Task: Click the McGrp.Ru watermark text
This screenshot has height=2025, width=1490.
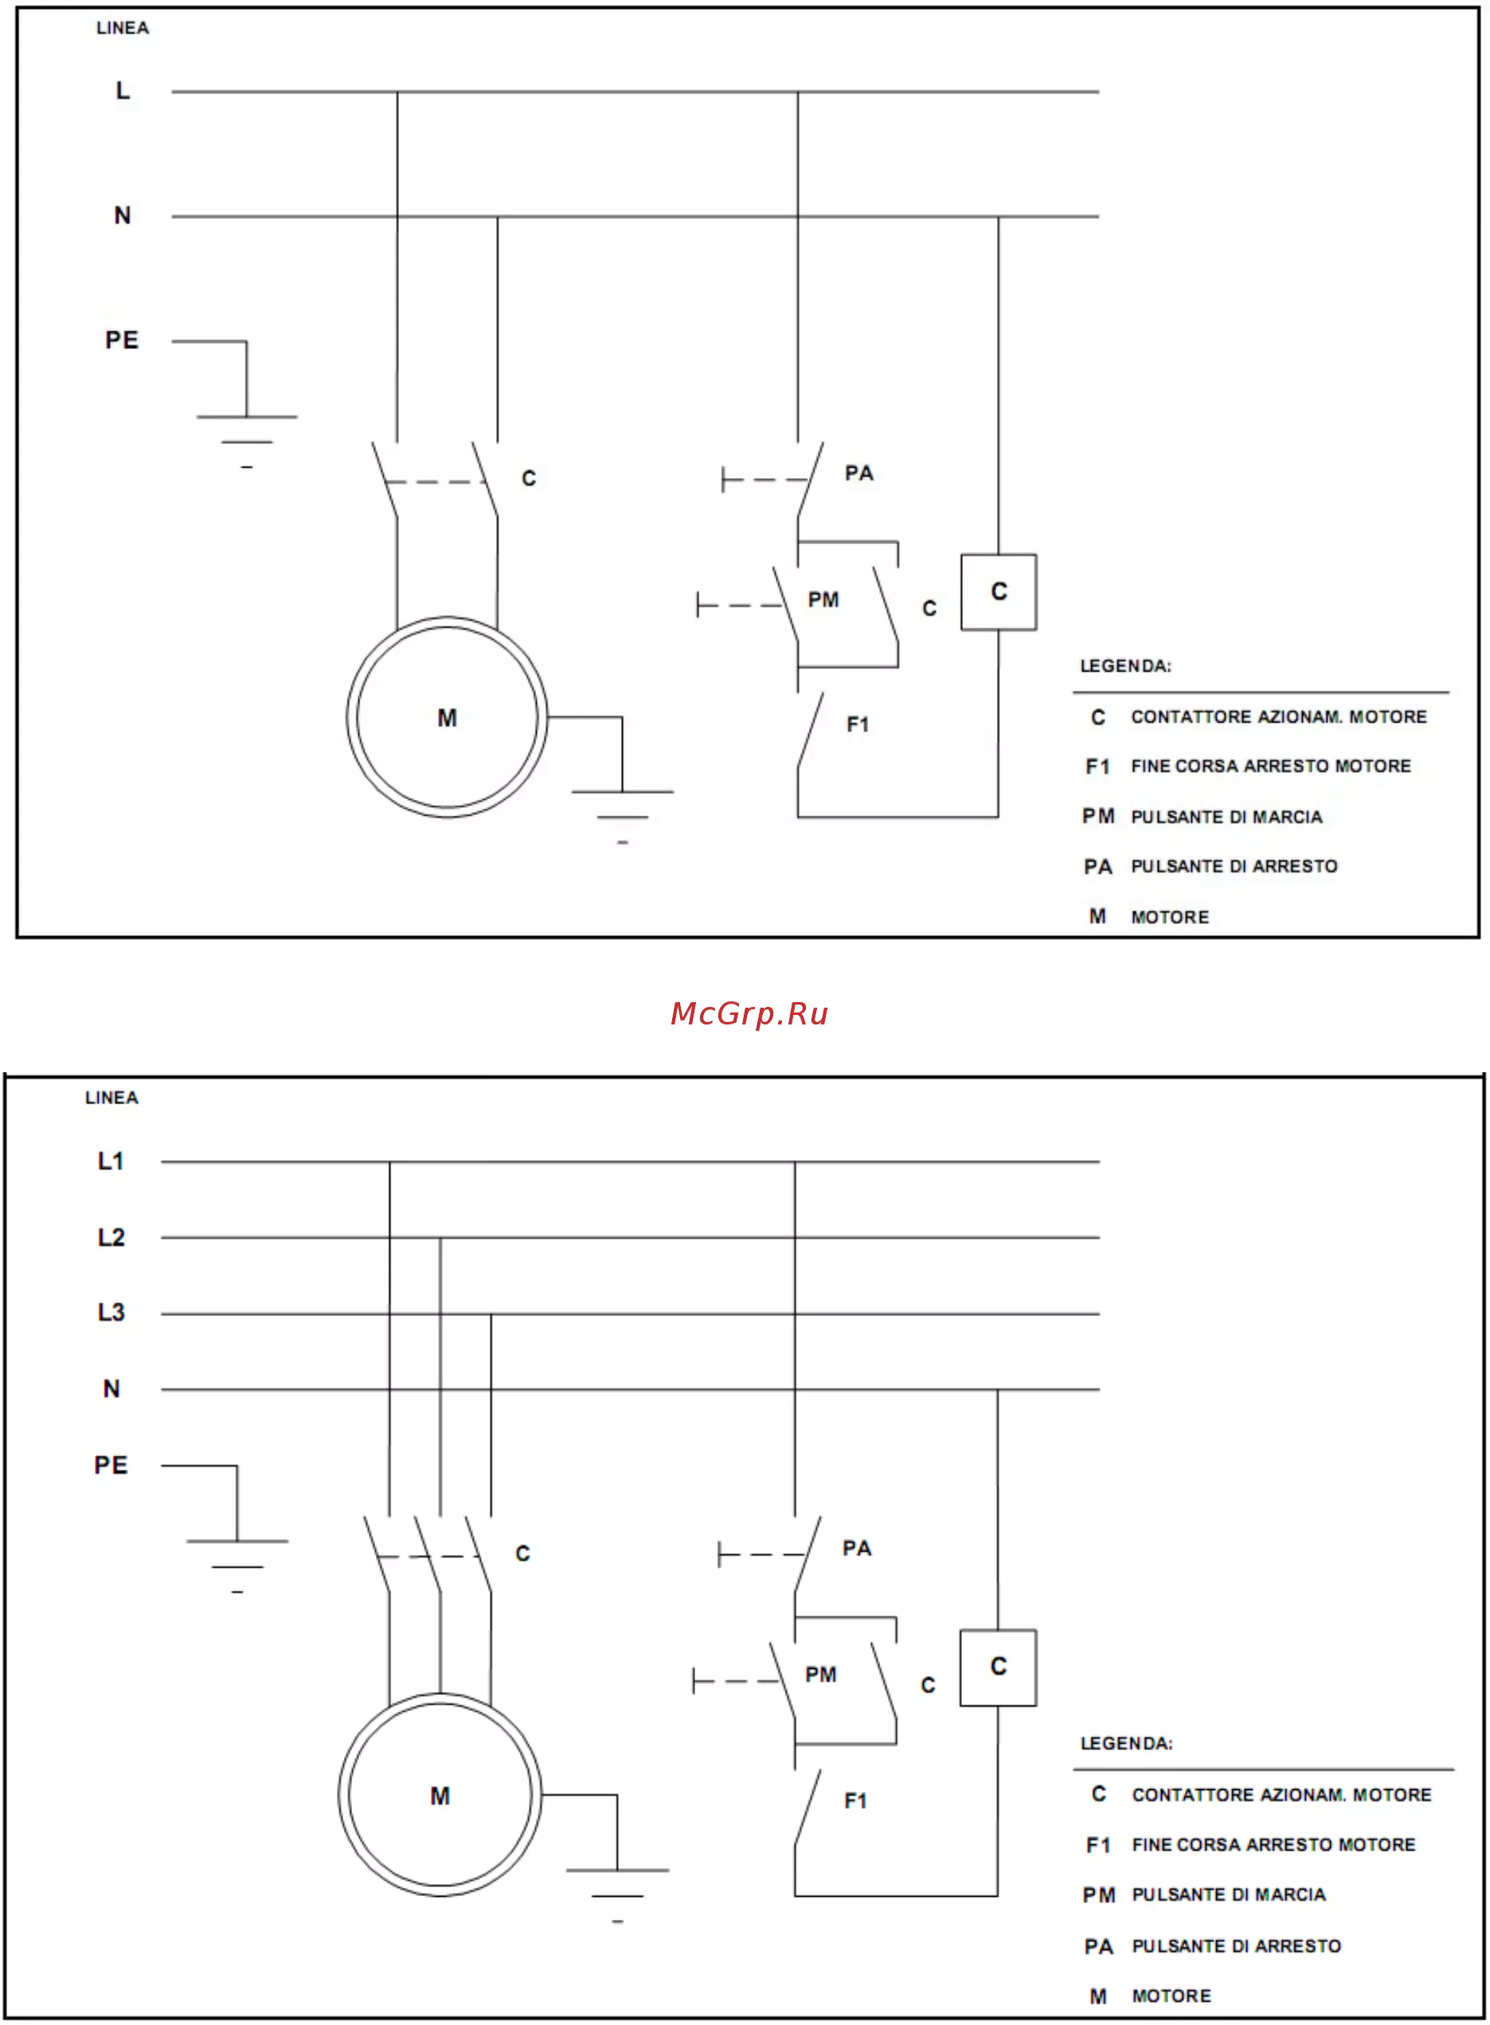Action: pos(749,1014)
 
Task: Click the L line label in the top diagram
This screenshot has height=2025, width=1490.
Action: pos(123,90)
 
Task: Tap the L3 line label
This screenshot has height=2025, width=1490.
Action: pos(111,1311)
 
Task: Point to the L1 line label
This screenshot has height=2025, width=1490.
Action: pos(111,1161)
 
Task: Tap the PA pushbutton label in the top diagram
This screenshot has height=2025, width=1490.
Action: pos(858,473)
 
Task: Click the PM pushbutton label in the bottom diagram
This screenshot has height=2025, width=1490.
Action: pos(821,1675)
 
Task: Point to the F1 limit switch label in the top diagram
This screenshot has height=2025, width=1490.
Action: pos(858,724)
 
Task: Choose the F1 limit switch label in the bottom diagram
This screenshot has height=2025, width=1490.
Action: pos(855,1801)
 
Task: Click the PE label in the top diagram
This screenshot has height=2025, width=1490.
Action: pos(122,340)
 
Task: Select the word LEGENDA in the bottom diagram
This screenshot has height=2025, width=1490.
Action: pos(1127,1744)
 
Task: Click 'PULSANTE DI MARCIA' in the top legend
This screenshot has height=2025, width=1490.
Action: pos(1226,817)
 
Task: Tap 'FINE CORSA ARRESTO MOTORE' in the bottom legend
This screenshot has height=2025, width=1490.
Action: pos(1273,1846)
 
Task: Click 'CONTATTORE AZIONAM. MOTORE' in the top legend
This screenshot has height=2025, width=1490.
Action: pos(1279,717)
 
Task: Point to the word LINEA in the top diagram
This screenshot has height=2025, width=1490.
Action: pos(123,28)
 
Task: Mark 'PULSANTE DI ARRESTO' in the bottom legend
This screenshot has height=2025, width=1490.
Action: pos(1237,1946)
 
